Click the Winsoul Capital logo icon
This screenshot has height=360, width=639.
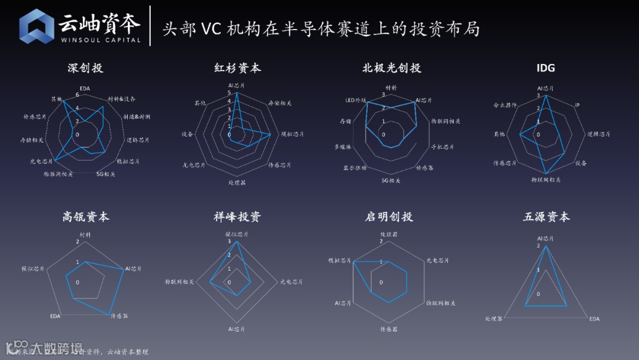click(37, 27)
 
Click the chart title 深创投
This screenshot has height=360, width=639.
click(85, 68)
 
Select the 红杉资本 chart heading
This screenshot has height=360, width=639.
click(237, 68)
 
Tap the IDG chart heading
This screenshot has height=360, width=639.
click(546, 68)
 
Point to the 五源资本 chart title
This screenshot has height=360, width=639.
click(546, 217)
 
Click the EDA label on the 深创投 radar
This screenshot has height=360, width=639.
click(85, 89)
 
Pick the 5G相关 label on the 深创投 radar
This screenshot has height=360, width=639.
click(105, 174)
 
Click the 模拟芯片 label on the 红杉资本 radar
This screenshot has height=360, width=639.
click(292, 134)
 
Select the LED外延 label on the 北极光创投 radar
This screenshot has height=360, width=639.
click(356, 101)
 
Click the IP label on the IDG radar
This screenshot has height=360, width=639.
click(577, 105)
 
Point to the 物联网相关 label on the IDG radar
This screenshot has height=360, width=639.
click(546, 179)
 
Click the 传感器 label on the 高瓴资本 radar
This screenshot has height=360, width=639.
click(120, 316)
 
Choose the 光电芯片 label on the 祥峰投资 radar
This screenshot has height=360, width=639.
click(291, 282)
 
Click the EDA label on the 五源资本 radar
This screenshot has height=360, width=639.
click(594, 319)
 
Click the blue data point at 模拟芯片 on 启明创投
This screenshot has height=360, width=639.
click(354, 261)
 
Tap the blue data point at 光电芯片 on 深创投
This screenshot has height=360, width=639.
click(53, 160)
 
